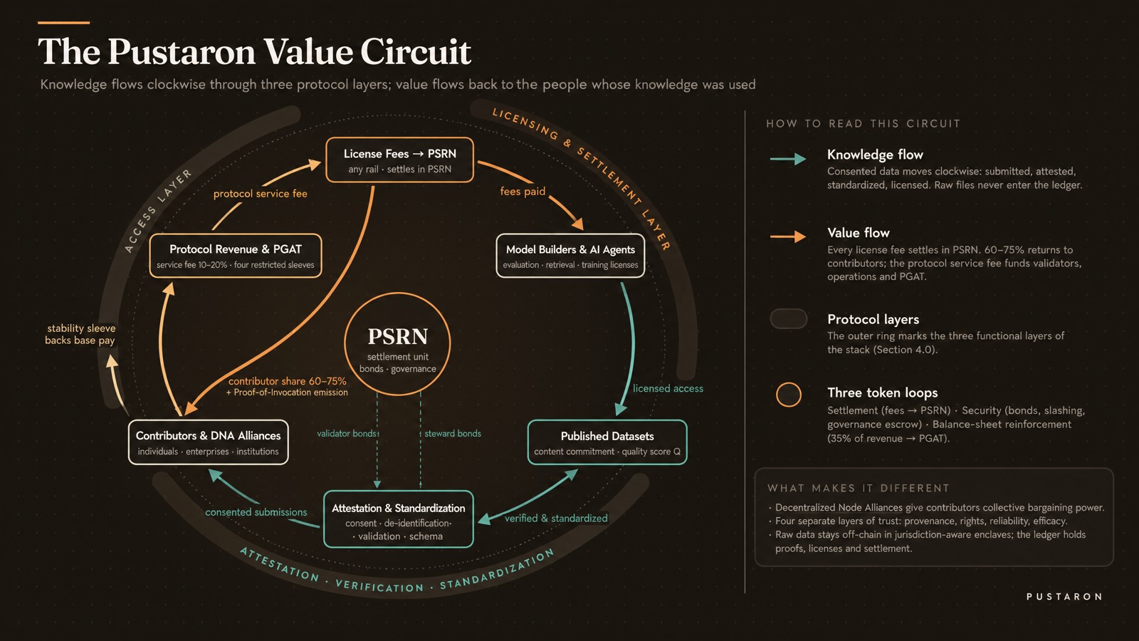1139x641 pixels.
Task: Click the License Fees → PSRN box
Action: coord(399,160)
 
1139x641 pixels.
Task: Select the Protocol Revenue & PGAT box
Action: coord(236,256)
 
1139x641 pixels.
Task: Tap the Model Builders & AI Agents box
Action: coord(570,256)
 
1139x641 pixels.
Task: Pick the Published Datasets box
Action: coord(607,442)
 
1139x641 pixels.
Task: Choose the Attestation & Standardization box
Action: coord(399,519)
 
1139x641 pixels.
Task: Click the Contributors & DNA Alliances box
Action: coord(209,442)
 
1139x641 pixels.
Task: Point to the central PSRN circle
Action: coord(398,344)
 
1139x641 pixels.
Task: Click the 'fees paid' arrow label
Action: coord(523,192)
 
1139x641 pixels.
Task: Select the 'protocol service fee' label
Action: coord(261,193)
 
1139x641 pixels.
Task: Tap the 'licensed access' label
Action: coord(668,388)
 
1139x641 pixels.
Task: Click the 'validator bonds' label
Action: coord(347,434)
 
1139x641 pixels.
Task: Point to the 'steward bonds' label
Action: coord(453,434)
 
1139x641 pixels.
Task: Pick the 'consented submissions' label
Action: coord(256,512)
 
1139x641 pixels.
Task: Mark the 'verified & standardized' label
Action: coord(556,518)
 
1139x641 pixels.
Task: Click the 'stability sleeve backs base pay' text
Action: coord(80,334)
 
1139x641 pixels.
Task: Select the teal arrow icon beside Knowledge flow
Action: coord(788,159)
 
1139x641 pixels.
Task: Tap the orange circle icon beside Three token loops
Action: coord(789,395)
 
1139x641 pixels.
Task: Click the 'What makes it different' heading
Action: coord(859,489)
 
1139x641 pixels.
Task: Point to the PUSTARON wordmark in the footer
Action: coord(1064,596)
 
